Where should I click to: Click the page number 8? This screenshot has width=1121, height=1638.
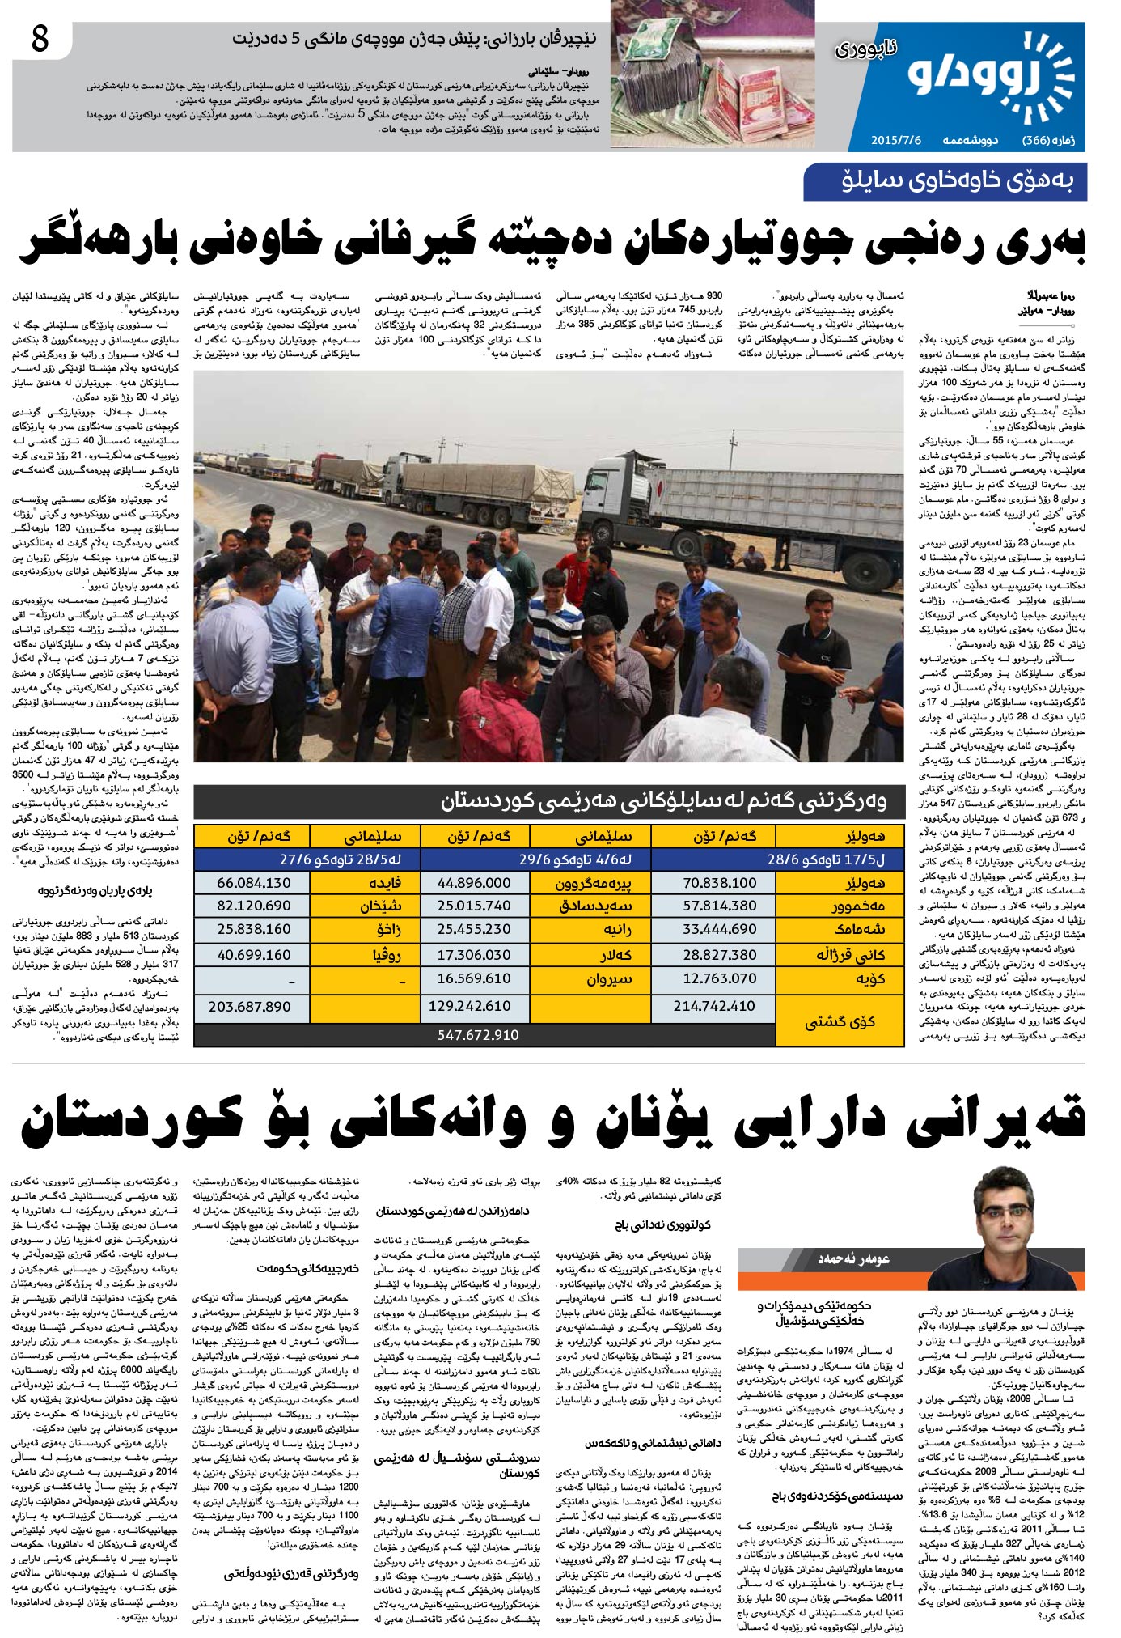[x=40, y=39]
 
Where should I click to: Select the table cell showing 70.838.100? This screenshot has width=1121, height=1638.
[x=719, y=883]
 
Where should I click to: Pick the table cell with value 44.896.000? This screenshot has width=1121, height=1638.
[x=474, y=883]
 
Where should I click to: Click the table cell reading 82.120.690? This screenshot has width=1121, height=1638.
[x=253, y=906]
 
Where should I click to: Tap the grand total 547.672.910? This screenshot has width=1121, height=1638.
[x=478, y=1035]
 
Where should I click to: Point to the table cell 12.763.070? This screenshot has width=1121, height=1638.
[x=719, y=978]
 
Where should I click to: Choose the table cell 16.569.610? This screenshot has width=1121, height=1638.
[x=474, y=978]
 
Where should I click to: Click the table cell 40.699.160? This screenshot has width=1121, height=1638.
[x=253, y=955]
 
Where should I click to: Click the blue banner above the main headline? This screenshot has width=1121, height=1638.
[x=944, y=182]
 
